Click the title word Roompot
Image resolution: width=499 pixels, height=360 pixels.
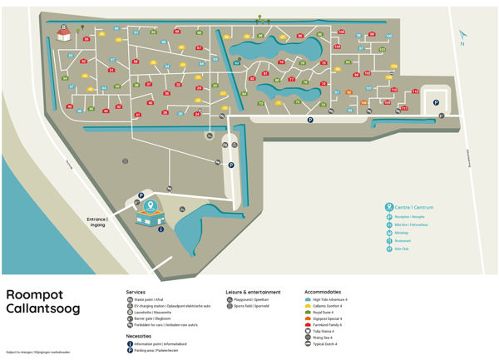point(32,294)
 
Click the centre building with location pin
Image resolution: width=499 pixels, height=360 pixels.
point(150,213)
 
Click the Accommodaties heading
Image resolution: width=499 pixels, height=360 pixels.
point(324,292)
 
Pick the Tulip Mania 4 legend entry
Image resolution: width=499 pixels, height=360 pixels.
point(327,331)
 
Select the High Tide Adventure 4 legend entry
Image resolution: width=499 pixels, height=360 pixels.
point(330,299)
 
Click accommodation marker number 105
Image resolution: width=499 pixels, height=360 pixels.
point(342,31)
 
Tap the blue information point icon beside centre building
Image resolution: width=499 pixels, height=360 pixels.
point(160,229)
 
